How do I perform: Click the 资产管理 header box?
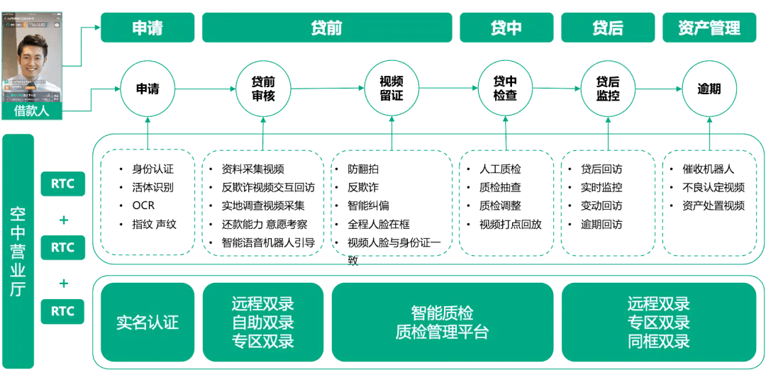pyautogui.click(x=709, y=28)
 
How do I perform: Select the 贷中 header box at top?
pyautogui.click(x=506, y=28)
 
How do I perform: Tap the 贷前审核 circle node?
pyautogui.click(x=263, y=89)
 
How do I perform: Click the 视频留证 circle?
pyautogui.click(x=392, y=89)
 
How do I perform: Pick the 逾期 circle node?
pyautogui.click(x=709, y=89)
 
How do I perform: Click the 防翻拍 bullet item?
pyautogui.click(x=364, y=169)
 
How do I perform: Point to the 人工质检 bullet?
pyautogui.click(x=500, y=169)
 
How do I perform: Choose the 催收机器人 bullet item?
pyautogui.click(x=708, y=169)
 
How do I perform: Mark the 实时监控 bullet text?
pyautogui.click(x=601, y=188)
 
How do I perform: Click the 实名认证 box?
pyautogui.click(x=148, y=323)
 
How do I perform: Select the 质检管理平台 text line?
pyautogui.click(x=442, y=332)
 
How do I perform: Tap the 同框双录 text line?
pyautogui.click(x=658, y=341)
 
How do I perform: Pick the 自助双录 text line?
pyautogui.click(x=262, y=323)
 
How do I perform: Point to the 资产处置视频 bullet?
pyautogui.click(x=713, y=206)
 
